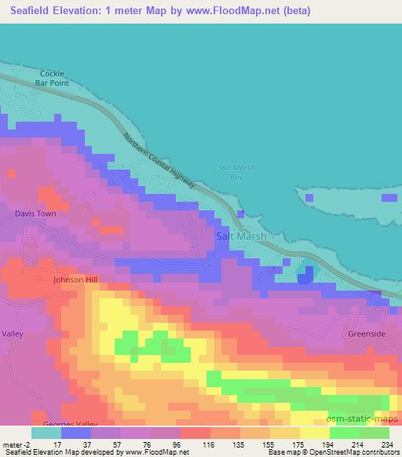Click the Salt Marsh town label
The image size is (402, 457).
242,236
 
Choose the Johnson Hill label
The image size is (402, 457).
77,280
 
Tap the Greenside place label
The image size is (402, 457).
367,333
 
